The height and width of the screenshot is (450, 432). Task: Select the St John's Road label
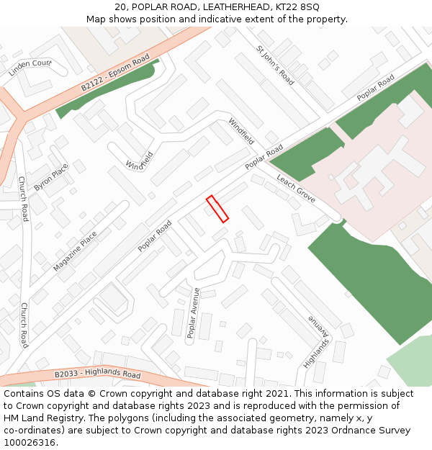[x=276, y=66]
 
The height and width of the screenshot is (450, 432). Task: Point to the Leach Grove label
[x=296, y=189]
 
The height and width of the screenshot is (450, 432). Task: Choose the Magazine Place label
[x=75, y=251]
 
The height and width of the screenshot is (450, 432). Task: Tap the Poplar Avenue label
[x=193, y=312]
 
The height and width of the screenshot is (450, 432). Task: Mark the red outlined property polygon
[x=217, y=209]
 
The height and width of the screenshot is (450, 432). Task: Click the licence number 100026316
[x=30, y=443]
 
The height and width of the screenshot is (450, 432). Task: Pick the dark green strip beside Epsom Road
[x=108, y=92]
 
